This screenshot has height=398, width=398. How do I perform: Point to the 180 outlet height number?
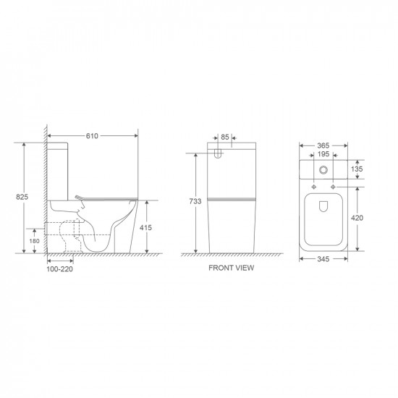[x=34, y=241]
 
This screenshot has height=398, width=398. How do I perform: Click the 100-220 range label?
[x=60, y=269]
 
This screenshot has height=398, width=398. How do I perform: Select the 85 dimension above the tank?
[x=226, y=137]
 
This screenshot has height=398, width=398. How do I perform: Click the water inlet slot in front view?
[x=219, y=154]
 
